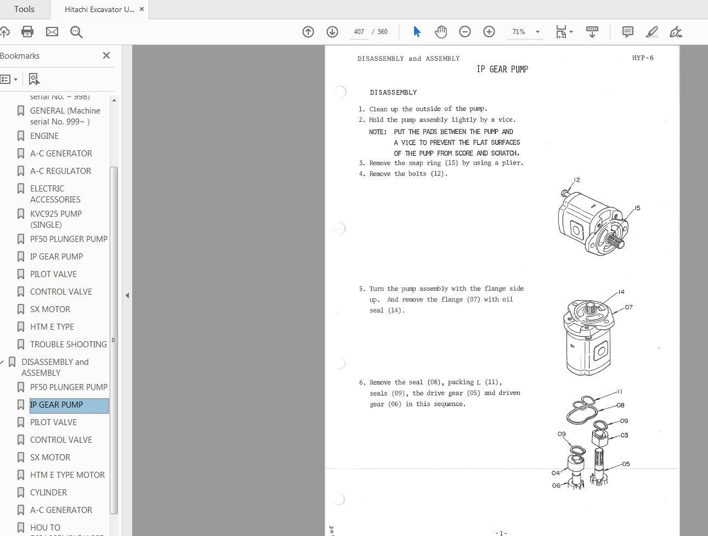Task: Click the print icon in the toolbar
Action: tap(27, 32)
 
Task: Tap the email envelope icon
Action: tap(52, 32)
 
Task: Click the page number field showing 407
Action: tap(359, 32)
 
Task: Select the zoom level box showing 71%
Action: tap(519, 32)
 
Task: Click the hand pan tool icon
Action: tap(441, 32)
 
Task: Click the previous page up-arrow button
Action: tap(308, 32)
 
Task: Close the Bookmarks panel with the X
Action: tap(106, 55)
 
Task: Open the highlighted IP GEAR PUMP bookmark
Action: tap(56, 405)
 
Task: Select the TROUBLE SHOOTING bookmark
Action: tap(68, 345)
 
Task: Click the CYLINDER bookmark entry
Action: tap(48, 493)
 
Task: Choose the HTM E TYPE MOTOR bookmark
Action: tap(67, 475)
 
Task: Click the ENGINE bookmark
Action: tap(44, 136)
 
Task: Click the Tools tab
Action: tap(24, 9)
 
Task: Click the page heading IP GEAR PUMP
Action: tap(502, 69)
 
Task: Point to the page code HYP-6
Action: tap(642, 58)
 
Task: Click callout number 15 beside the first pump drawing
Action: tap(637, 208)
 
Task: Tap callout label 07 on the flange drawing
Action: tap(628, 307)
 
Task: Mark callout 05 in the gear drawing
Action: tap(626, 464)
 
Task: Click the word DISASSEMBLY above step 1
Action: tap(393, 92)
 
